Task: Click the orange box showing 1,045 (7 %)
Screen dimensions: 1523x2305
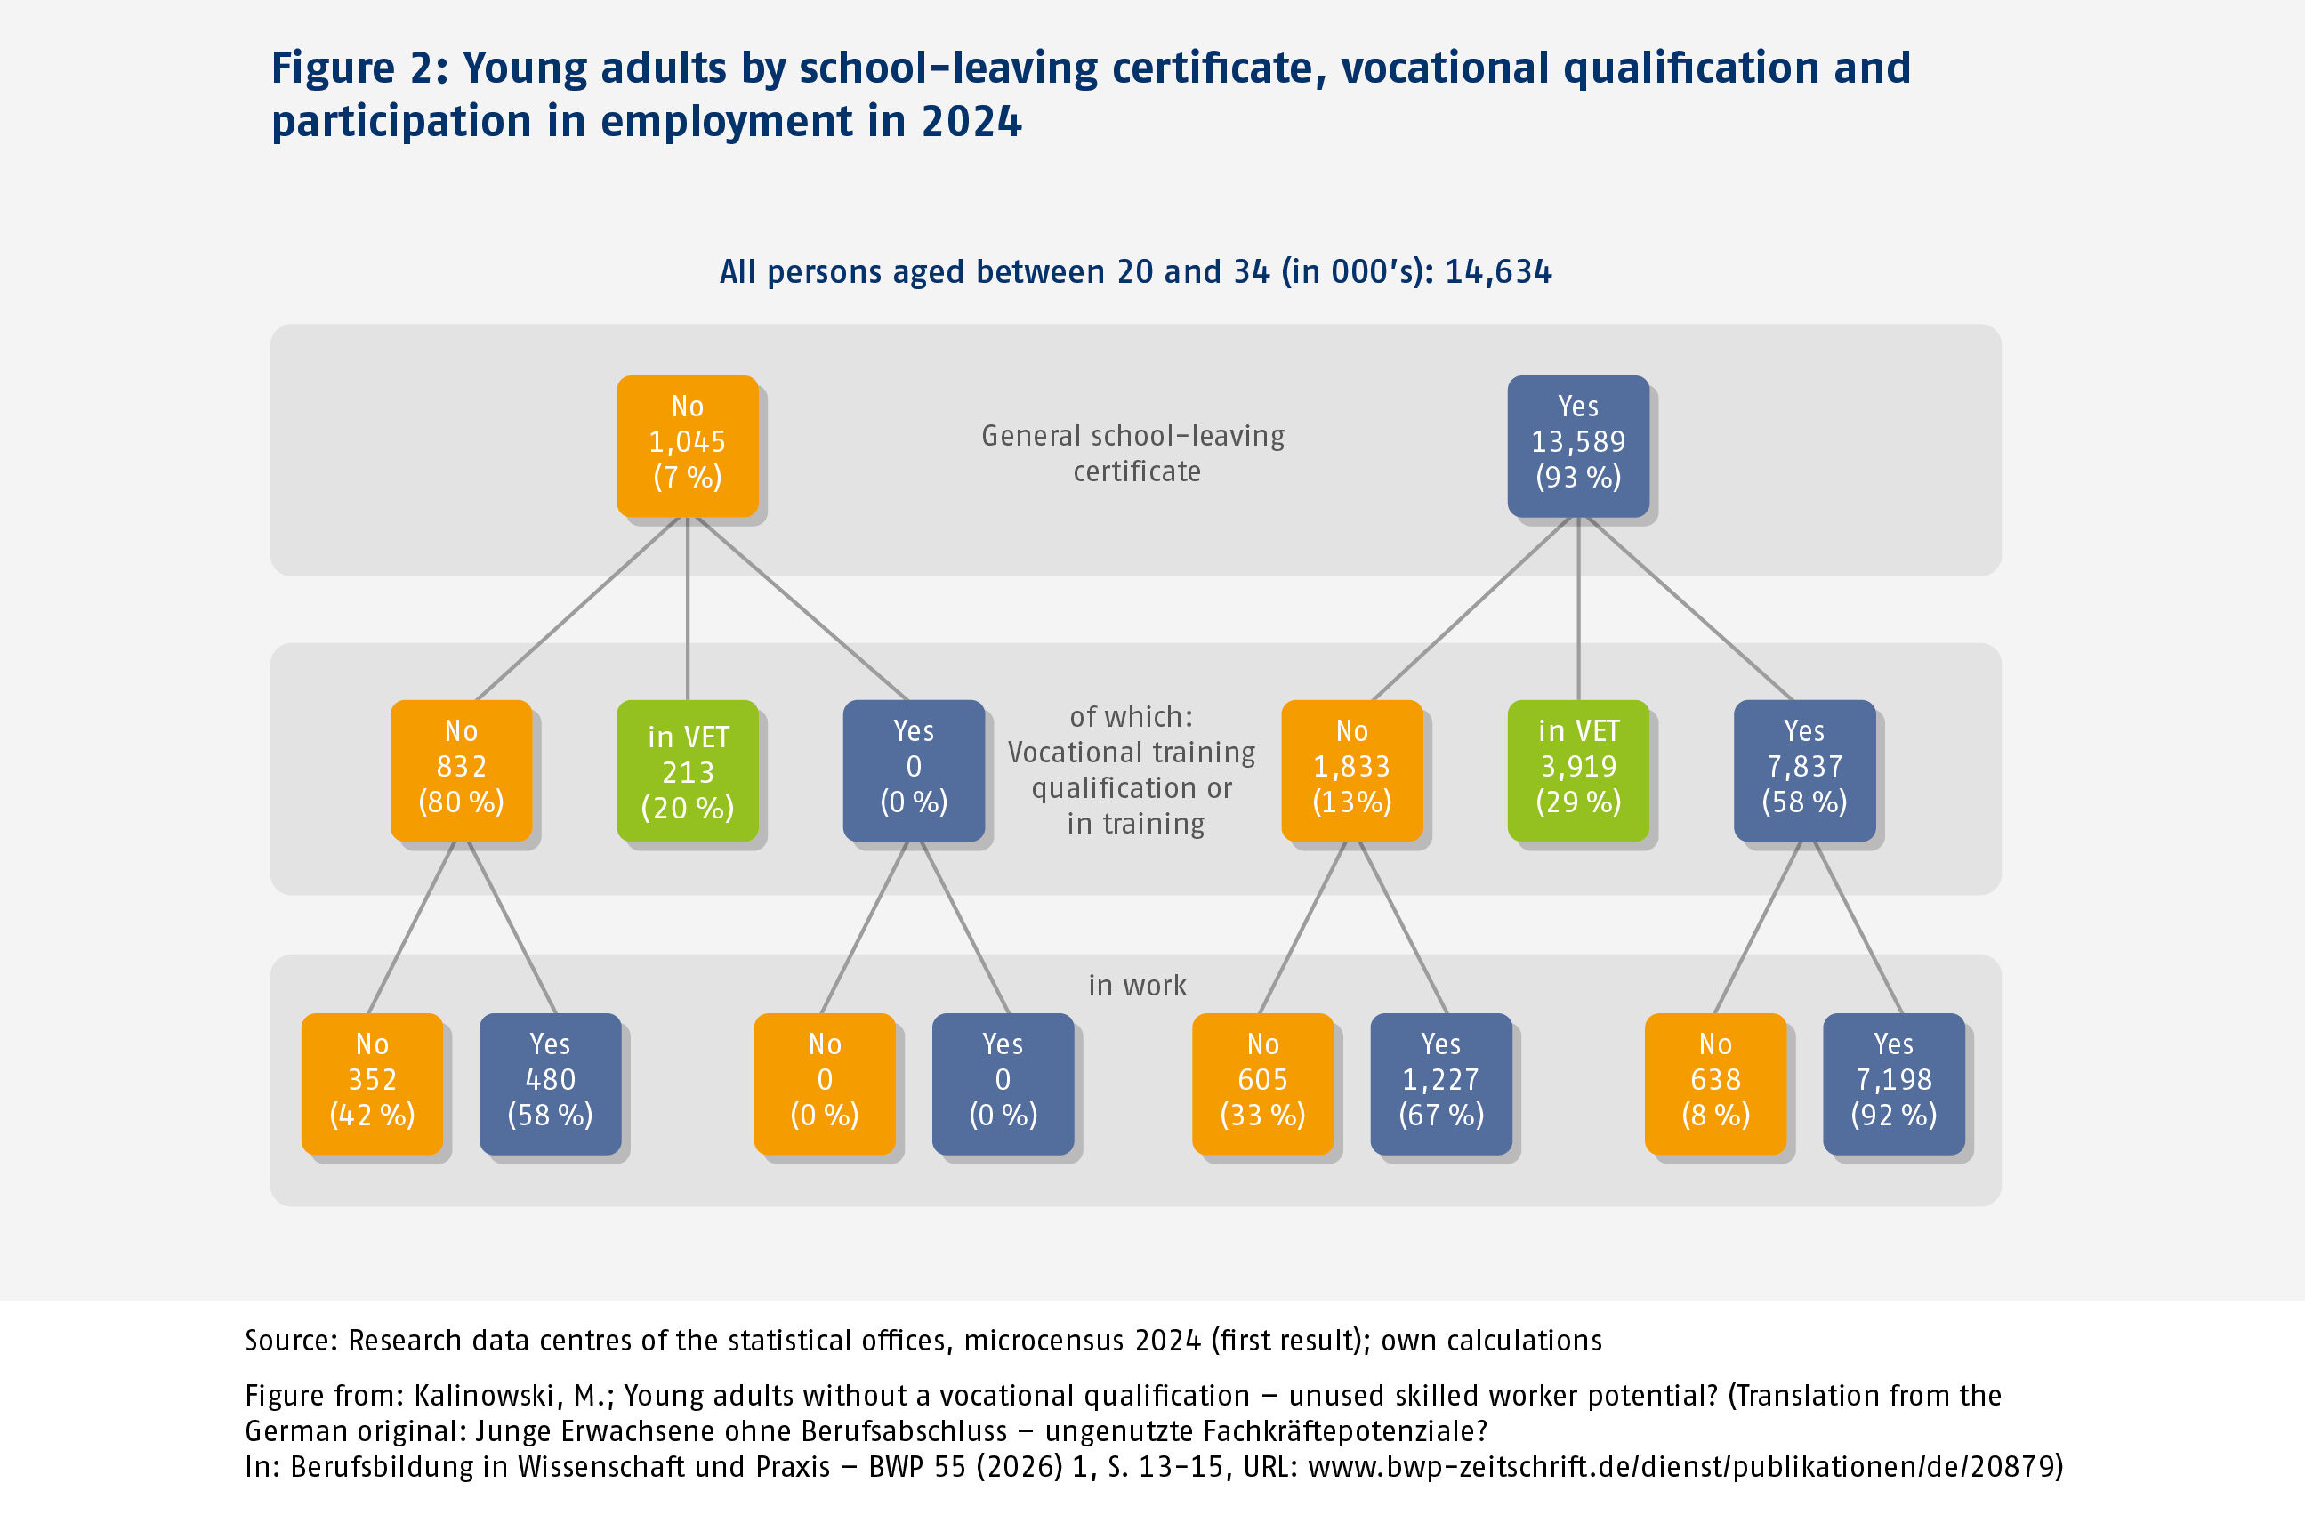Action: [687, 446]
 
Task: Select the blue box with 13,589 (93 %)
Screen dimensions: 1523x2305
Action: [1577, 446]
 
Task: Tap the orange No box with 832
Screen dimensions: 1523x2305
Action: [461, 770]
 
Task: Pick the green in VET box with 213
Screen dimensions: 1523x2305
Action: [687, 770]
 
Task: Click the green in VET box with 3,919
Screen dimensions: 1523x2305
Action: [1577, 770]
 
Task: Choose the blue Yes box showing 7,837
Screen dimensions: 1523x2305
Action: [1804, 770]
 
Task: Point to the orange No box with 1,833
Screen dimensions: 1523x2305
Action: [1351, 770]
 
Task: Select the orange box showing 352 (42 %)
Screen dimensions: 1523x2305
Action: [372, 1083]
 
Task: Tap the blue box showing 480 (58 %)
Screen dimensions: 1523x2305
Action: [550, 1083]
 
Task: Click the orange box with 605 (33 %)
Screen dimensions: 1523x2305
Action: [1261, 1083]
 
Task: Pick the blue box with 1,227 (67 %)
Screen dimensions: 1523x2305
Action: [1440, 1083]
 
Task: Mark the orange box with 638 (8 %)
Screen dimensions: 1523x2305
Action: [1714, 1083]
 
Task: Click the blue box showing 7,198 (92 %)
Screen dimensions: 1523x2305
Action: [1893, 1083]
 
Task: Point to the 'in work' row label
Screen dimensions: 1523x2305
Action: [1136, 986]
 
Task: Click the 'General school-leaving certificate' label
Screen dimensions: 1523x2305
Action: [1132, 454]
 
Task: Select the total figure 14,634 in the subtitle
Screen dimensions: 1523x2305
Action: [1498, 272]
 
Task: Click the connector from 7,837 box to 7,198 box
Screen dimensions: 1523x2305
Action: [1858, 927]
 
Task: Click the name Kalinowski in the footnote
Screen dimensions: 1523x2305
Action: [489, 1396]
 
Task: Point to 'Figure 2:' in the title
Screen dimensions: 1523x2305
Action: [359, 68]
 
